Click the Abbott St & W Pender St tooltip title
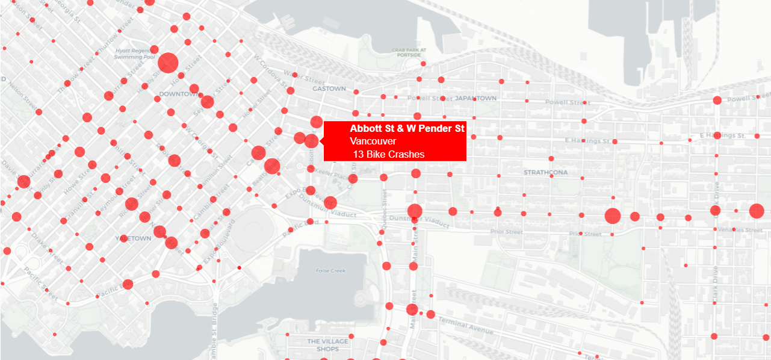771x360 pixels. (407, 129)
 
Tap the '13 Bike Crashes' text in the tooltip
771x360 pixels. (389, 154)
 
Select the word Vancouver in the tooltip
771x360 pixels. (373, 141)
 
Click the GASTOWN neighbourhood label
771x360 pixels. (329, 88)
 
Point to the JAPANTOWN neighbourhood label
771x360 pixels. (476, 98)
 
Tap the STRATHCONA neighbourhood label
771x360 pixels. (546, 173)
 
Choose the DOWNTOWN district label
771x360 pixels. (179, 94)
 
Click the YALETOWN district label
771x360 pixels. (133, 238)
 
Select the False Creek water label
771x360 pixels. (331, 271)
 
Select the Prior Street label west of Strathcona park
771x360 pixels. (506, 231)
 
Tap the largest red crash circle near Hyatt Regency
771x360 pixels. (168, 63)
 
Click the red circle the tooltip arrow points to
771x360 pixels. (311, 141)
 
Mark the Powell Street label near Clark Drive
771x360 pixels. (749, 98)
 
